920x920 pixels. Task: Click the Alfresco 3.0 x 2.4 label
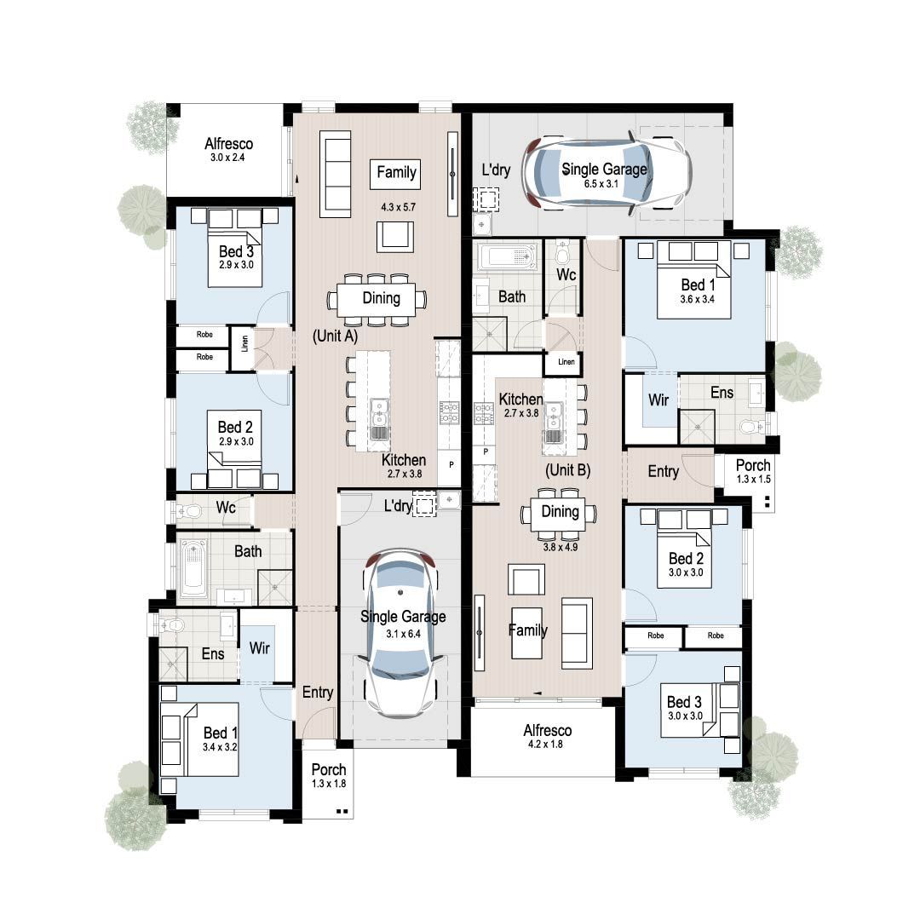(x=228, y=150)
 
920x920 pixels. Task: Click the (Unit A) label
(x=335, y=336)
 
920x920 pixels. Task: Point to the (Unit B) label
(x=567, y=469)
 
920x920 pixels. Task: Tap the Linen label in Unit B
(x=566, y=362)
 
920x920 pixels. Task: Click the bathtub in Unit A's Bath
(x=193, y=566)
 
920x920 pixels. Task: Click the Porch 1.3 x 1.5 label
(x=753, y=471)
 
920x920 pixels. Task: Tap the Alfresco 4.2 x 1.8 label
(x=547, y=736)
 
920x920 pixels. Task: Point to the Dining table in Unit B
(x=560, y=513)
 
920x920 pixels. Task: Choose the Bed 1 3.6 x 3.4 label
(x=699, y=290)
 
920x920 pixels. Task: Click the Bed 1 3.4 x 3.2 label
(x=220, y=739)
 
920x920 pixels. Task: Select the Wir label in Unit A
(x=259, y=649)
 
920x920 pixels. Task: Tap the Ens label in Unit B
(x=722, y=394)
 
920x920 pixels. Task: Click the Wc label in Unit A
(x=226, y=509)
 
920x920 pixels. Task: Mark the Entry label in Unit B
(x=664, y=472)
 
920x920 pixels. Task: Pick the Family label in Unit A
(x=396, y=173)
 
